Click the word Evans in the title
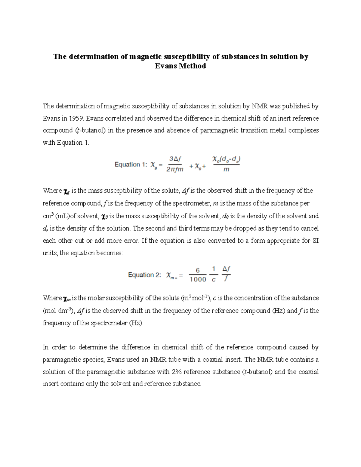tap(166, 66)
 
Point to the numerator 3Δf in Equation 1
tap(175, 158)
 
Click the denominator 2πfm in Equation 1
tap(175, 169)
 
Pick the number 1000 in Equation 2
tap(198, 279)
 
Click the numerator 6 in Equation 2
tap(198, 270)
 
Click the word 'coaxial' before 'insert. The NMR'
tap(214, 360)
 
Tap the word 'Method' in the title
tap(192, 66)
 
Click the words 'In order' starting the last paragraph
tap(55, 347)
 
